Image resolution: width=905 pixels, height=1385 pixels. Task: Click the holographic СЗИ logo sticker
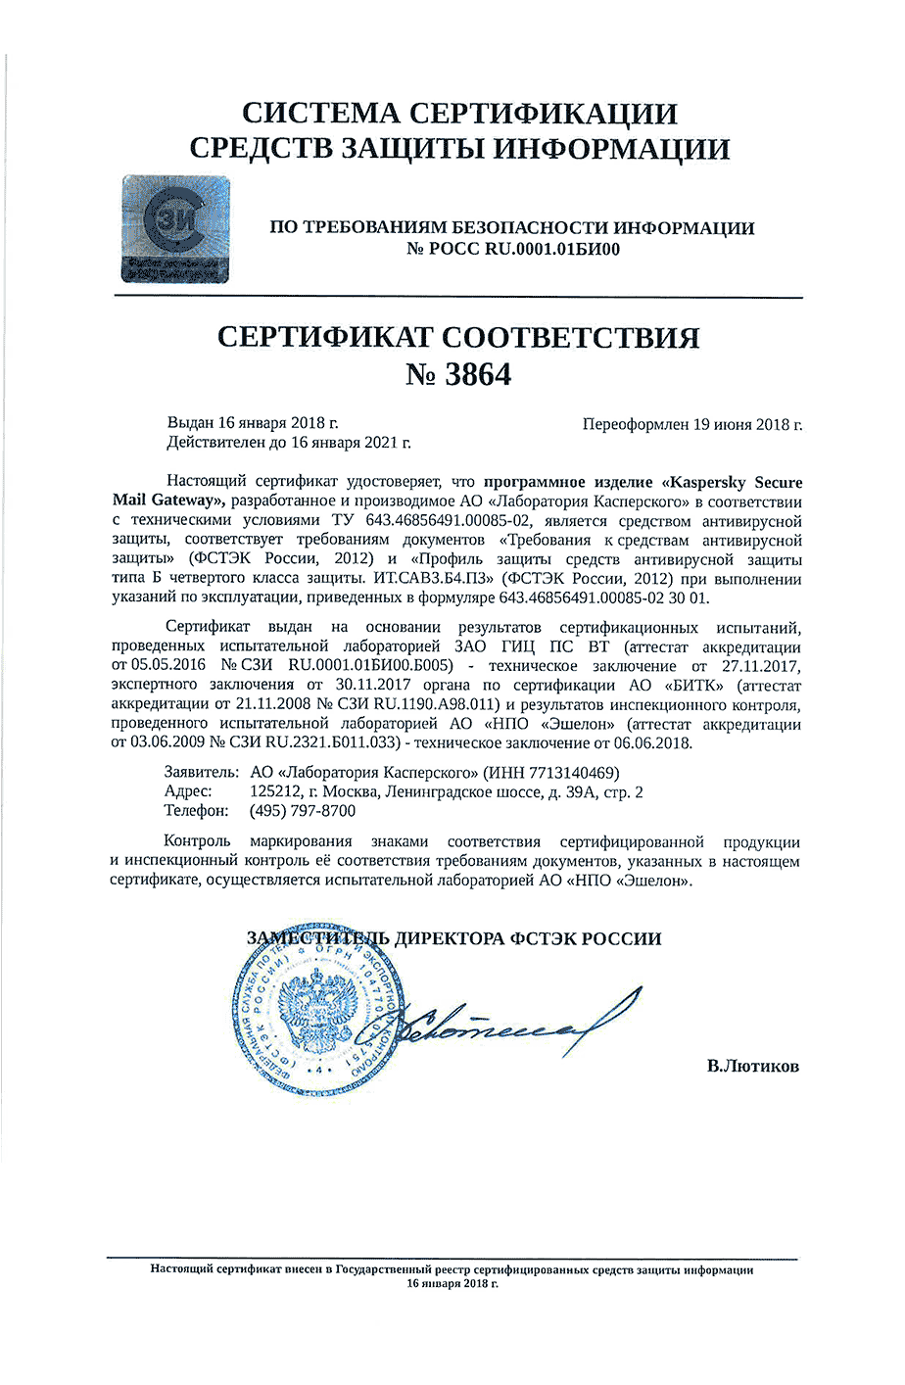(175, 230)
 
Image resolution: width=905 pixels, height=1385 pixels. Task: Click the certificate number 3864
(478, 374)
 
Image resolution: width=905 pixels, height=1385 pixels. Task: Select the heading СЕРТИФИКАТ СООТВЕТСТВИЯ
(457, 337)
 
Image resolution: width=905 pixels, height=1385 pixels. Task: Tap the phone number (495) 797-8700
(303, 811)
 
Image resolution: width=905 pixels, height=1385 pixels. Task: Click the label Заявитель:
(201, 772)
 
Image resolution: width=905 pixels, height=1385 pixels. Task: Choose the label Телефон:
(197, 811)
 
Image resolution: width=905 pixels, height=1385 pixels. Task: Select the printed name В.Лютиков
(752, 1066)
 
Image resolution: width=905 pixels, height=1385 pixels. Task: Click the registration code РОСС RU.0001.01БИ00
(524, 249)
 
